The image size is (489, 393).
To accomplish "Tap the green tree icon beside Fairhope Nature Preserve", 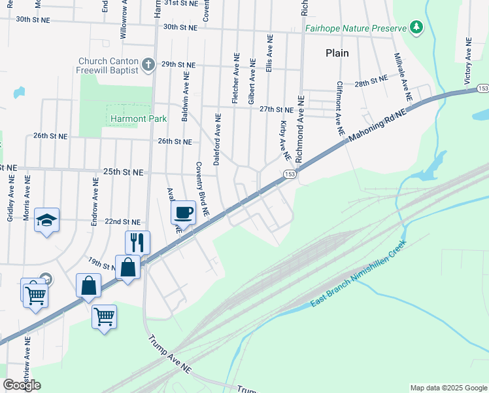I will [415, 27].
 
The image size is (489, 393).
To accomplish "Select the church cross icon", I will [148, 64].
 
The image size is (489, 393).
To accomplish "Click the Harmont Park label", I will [139, 119].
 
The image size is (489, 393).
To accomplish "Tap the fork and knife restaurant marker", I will [137, 242].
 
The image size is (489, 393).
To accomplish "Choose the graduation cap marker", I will [47, 219].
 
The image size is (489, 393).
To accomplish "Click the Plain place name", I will [337, 53].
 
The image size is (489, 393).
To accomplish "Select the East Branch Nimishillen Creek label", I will [358, 274].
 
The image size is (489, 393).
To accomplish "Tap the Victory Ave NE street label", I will [467, 60].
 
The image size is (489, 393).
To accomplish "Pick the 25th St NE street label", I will [122, 172].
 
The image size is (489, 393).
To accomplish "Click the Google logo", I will [22, 385].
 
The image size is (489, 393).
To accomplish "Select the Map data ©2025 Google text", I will [448, 388].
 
